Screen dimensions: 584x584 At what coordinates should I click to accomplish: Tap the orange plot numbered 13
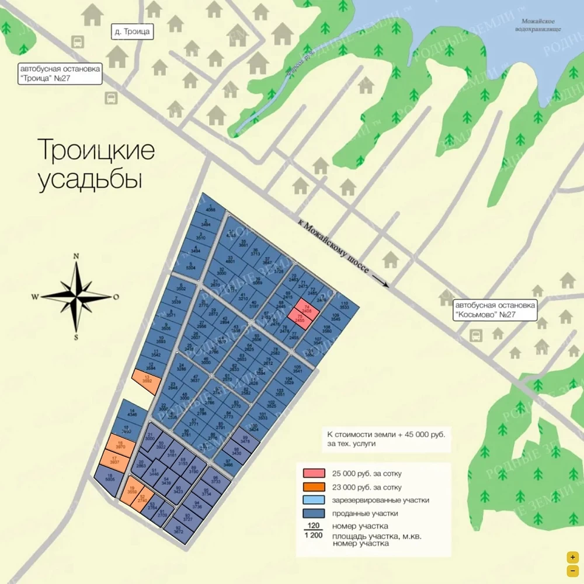click(x=147, y=380)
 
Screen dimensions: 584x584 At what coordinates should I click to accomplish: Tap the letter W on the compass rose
click(x=35, y=297)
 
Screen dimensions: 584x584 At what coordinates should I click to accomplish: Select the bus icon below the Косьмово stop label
click(x=476, y=335)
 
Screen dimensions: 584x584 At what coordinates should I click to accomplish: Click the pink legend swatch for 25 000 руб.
click(x=314, y=474)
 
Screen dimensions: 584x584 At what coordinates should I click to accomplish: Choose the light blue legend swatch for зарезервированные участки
click(x=314, y=500)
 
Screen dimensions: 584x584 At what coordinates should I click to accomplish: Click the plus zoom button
click(x=573, y=557)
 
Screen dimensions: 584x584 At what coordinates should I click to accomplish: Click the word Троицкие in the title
click(x=96, y=150)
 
